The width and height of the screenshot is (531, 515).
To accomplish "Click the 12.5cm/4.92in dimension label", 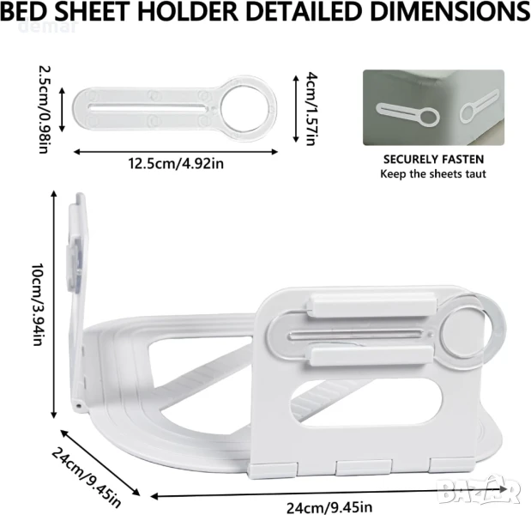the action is click(176, 164).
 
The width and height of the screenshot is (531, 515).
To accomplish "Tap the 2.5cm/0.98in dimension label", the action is click(45, 110).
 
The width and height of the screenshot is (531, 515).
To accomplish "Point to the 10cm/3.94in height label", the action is click(37, 304).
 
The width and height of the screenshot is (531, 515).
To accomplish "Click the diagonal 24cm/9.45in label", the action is click(86, 477).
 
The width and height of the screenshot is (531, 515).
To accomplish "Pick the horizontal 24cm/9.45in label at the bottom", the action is click(329, 507).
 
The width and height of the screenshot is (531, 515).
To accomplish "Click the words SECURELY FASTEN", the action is click(433, 160).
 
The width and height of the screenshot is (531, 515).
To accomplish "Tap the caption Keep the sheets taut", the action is click(433, 173).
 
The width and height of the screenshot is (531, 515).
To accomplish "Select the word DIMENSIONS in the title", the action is click(450, 11).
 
